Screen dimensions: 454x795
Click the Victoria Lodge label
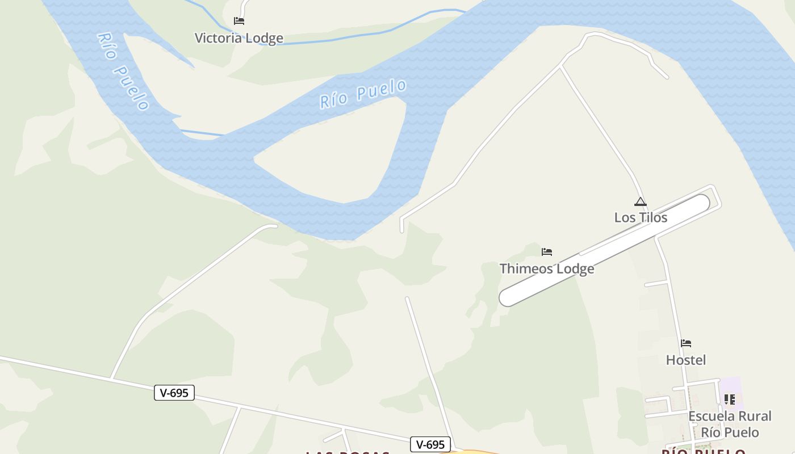(238, 38)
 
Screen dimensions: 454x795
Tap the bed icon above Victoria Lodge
(239, 21)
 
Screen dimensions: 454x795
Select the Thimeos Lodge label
(547, 268)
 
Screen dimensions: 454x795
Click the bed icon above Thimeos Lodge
(547, 251)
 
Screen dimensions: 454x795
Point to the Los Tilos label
(641, 217)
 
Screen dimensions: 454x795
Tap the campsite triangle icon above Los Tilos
(641, 201)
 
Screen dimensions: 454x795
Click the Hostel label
(686, 360)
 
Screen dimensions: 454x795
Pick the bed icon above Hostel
(686, 343)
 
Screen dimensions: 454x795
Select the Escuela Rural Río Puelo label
(730, 424)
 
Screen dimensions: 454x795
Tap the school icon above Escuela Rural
(730, 400)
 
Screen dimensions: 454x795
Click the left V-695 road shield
(174, 392)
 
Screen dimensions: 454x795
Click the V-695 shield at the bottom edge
(430, 444)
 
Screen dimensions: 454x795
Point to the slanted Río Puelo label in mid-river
(363, 94)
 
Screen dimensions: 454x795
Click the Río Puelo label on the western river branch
(123, 71)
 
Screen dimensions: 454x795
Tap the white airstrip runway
(605, 250)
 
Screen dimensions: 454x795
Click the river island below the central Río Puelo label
(335, 153)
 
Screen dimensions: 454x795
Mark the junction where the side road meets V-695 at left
(111, 378)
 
